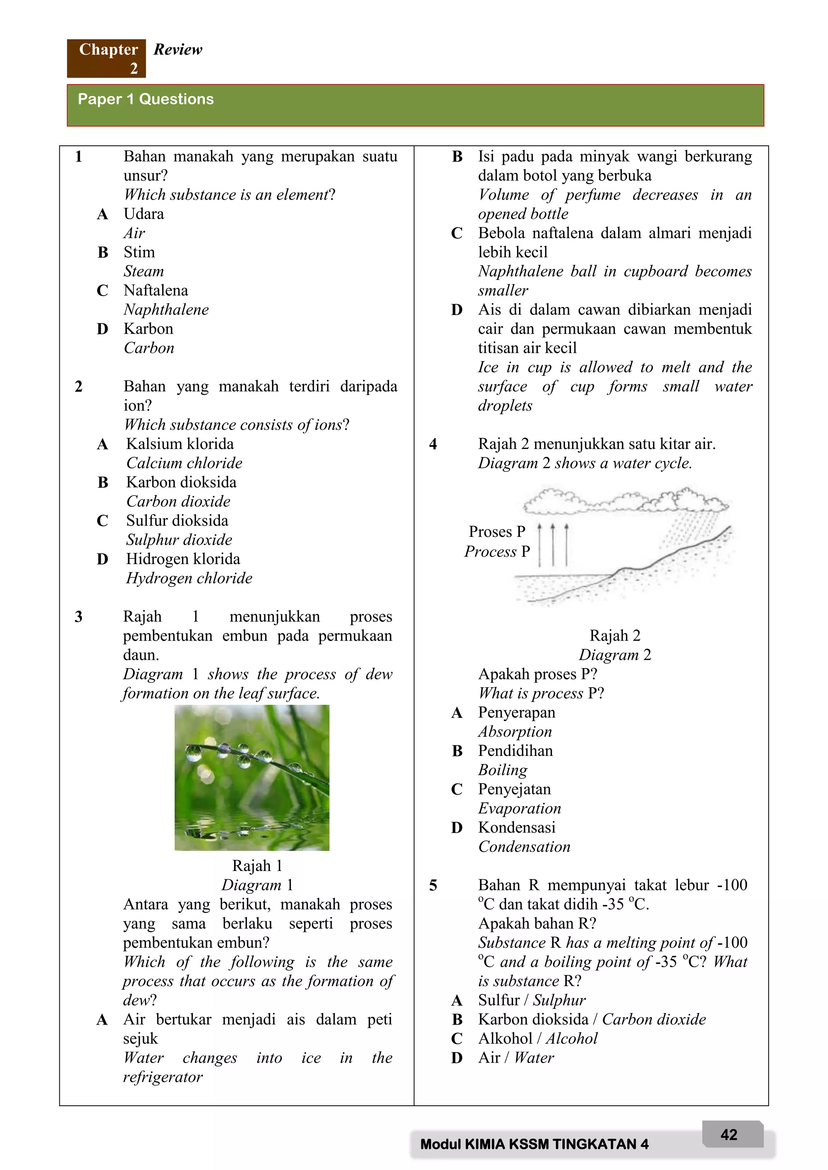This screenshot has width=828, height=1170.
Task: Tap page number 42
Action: pyautogui.click(x=729, y=1134)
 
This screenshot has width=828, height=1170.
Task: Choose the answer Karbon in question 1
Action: pyautogui.click(x=148, y=329)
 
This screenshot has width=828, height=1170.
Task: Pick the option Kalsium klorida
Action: pyautogui.click(x=180, y=444)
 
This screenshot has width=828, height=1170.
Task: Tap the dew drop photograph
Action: pyautogui.click(x=251, y=778)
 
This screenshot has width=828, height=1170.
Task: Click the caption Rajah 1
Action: pyautogui.click(x=257, y=866)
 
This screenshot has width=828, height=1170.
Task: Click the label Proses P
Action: pyautogui.click(x=496, y=532)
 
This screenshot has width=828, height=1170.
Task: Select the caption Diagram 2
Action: pyautogui.click(x=615, y=655)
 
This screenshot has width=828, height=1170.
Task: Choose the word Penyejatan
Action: pyautogui.click(x=514, y=789)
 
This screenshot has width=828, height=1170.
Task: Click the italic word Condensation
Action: pyautogui.click(x=524, y=846)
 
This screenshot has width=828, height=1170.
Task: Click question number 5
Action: pyautogui.click(x=433, y=885)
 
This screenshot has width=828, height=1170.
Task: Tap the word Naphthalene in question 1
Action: pyautogui.click(x=166, y=309)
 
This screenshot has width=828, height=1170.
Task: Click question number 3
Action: pyautogui.click(x=78, y=617)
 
